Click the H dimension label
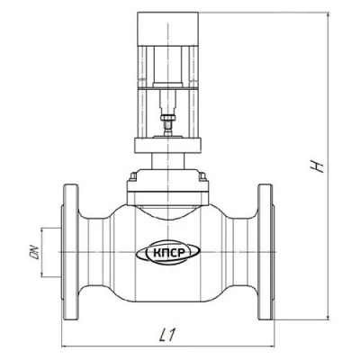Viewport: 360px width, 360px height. pos(318,166)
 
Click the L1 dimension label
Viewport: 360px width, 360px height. pos(167,335)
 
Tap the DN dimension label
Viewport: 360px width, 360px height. pos(35,252)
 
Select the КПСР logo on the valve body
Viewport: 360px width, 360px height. pos(168,253)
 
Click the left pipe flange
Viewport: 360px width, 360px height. pos(70,253)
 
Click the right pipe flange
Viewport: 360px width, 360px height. pos(266,252)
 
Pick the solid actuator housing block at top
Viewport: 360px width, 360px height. pos(167,29)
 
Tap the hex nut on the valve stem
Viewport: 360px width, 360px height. pos(168,118)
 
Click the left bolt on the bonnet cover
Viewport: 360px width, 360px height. pos(133,177)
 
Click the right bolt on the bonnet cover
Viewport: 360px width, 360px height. pos(202,177)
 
